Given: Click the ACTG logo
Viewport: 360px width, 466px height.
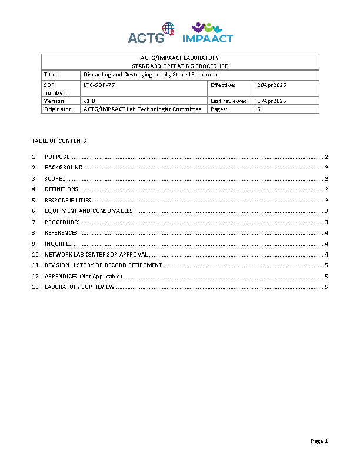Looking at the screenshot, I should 151,34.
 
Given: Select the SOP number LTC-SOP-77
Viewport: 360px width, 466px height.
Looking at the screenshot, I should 99,85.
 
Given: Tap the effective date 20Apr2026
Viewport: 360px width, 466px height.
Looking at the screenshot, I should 272,85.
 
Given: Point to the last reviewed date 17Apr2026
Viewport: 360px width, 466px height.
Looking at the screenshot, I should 272,101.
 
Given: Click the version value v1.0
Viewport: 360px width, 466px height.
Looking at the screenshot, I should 89,101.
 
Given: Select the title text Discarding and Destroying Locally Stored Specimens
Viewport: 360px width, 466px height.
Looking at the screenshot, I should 152,75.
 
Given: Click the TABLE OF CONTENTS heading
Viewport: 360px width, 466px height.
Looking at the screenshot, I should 59,141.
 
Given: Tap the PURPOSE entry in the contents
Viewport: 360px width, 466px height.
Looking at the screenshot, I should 57,157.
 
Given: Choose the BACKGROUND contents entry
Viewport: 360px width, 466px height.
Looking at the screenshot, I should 64,168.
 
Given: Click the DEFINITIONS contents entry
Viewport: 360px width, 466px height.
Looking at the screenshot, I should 61,189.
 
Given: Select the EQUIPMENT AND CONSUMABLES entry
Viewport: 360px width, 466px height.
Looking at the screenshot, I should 89,211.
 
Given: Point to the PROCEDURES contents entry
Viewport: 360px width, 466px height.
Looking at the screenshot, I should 62,222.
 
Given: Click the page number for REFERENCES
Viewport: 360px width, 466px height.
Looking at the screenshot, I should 326,233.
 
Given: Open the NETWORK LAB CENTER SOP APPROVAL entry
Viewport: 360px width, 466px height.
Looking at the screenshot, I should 96,255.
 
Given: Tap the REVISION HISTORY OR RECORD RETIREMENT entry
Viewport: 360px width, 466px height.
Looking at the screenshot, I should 104,265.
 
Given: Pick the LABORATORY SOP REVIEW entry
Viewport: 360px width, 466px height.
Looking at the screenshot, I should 79,287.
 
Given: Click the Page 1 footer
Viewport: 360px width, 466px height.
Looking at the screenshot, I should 319,441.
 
